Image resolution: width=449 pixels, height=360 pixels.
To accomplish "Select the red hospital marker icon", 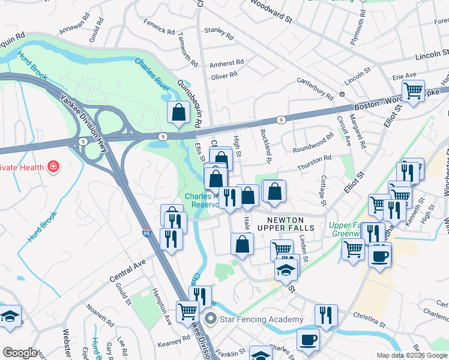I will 53,166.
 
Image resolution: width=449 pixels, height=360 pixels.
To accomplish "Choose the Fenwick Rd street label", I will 159,27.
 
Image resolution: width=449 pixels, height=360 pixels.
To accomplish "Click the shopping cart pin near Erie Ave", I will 413,91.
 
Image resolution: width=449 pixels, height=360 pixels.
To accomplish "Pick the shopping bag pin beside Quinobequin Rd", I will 179,112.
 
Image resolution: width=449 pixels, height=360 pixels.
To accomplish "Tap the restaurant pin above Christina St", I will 326,314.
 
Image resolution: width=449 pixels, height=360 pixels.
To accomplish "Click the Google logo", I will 20,353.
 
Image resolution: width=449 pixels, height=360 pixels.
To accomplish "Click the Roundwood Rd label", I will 312,143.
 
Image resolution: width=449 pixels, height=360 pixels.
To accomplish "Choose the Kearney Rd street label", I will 174,341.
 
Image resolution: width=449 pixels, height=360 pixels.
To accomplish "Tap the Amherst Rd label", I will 226,62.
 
